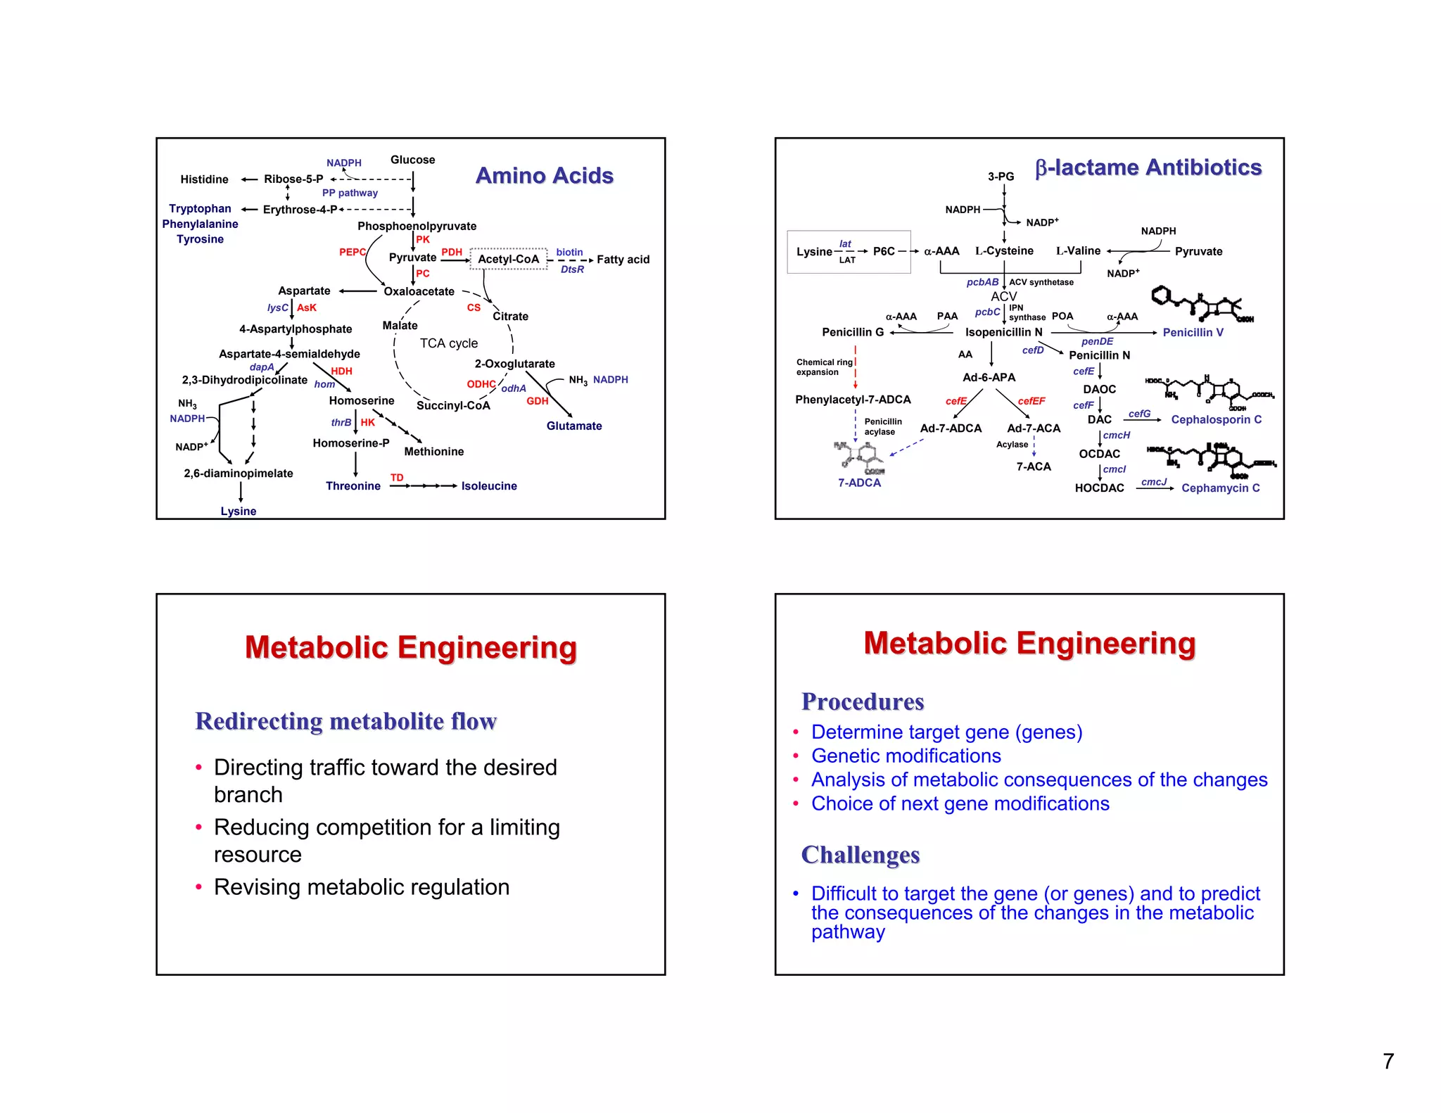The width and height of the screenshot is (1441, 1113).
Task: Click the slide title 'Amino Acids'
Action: (x=544, y=175)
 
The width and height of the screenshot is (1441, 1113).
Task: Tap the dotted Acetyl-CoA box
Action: (x=508, y=259)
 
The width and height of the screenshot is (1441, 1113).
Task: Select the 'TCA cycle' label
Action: (x=448, y=343)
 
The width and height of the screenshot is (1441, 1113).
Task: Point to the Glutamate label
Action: (x=573, y=426)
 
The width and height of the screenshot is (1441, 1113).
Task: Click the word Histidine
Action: (x=204, y=179)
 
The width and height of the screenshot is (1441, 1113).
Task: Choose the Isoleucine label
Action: (x=489, y=486)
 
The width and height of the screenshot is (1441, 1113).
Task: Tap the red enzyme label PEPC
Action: (x=352, y=252)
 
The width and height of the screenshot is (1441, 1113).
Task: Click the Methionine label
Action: (x=433, y=452)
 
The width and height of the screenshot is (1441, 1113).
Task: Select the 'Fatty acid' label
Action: (x=623, y=260)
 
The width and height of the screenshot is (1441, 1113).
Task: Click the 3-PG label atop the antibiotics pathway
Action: (x=1001, y=177)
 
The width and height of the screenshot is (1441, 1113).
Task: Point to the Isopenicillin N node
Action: (x=1003, y=332)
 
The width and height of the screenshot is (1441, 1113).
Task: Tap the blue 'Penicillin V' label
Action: (x=1193, y=332)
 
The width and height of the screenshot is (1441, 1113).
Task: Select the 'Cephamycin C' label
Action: (x=1220, y=488)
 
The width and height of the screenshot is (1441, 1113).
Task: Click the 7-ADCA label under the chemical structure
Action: (x=859, y=483)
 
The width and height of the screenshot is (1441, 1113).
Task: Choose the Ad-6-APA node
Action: (x=989, y=377)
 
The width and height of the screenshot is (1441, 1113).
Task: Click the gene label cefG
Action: (x=1139, y=414)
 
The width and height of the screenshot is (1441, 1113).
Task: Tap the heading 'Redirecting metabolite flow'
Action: (x=345, y=721)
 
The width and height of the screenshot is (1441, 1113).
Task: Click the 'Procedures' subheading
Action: (x=862, y=701)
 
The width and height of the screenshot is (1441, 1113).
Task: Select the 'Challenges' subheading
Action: (x=860, y=855)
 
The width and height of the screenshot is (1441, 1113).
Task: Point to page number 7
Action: (x=1388, y=1061)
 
